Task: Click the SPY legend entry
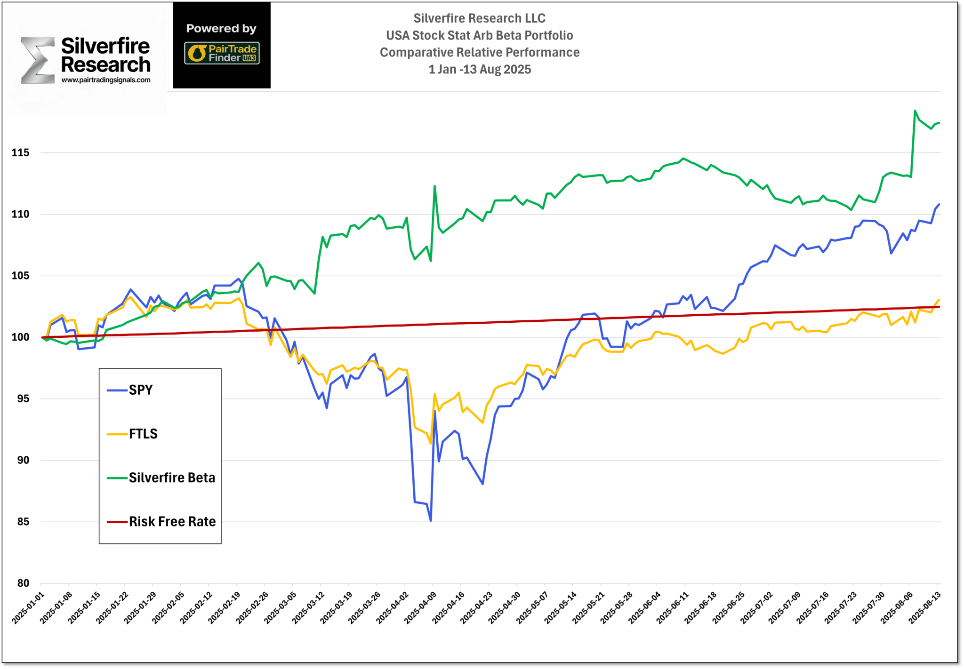(x=140, y=390)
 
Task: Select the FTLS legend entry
(x=143, y=434)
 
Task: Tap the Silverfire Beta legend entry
(x=172, y=478)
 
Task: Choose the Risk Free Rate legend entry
(x=172, y=521)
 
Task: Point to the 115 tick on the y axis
(x=20, y=153)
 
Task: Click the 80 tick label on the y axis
(x=23, y=583)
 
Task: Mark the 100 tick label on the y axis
(x=20, y=337)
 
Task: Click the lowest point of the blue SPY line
(x=431, y=520)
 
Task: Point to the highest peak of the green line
(x=915, y=111)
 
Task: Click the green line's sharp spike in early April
(x=434, y=186)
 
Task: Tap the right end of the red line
(x=939, y=307)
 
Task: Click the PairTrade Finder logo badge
(x=222, y=53)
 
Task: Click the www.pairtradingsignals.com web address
(x=106, y=80)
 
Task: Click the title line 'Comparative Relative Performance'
(x=480, y=52)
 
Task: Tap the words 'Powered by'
(x=221, y=29)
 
